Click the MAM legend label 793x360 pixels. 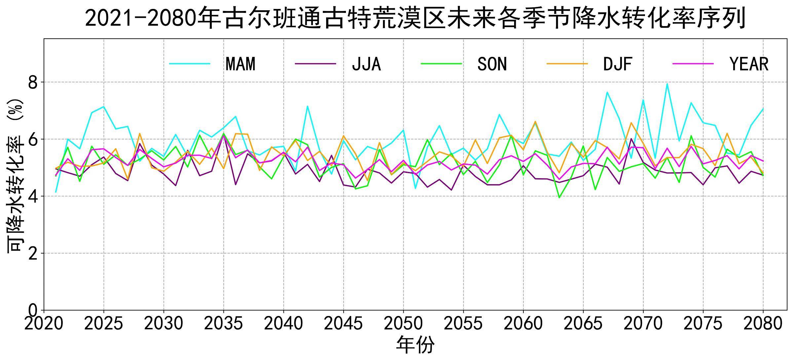tap(241, 64)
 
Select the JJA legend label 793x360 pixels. tap(366, 64)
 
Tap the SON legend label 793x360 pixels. tap(492, 64)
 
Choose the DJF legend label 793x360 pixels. tap(618, 64)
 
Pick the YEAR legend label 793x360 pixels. tap(749, 64)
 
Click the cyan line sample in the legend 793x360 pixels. tap(190, 63)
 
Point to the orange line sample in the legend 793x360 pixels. tap(567, 63)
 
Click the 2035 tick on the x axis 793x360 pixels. tap(223, 324)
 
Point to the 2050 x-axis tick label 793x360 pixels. tap(403, 324)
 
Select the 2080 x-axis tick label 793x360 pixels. tap(763, 324)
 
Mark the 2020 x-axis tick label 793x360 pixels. tap(44, 324)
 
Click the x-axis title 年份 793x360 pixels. tap(415, 345)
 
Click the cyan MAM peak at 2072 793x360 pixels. tap(667, 84)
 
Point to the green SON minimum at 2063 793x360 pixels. tap(559, 198)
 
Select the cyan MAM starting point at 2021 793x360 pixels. tap(56, 192)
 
